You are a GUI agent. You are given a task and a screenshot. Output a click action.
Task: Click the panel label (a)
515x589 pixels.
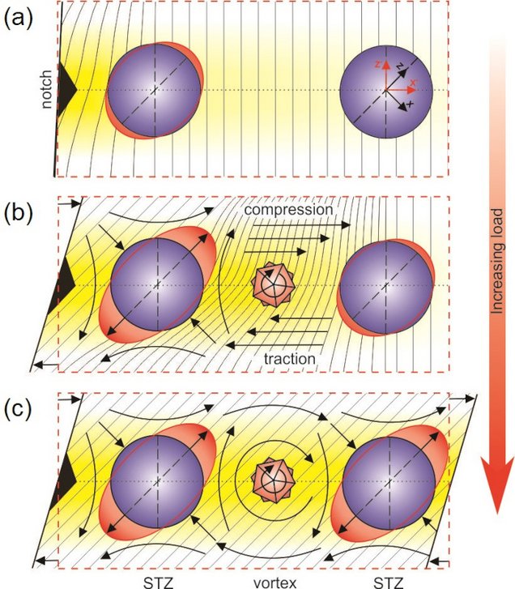[19, 18]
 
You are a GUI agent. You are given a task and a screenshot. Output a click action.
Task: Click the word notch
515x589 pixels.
[46, 90]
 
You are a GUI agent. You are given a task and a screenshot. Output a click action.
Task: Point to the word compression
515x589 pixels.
[288, 209]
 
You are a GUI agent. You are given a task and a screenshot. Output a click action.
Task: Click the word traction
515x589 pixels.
[289, 359]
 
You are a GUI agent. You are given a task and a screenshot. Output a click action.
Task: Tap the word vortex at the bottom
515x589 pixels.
[275, 583]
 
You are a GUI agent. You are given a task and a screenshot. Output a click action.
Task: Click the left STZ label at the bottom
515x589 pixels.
[158, 583]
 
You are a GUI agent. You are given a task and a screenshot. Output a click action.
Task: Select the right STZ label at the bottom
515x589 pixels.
[389, 583]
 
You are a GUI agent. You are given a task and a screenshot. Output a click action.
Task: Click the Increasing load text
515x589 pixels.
[496, 261]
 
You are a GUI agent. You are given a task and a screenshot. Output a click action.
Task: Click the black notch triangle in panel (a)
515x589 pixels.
[67, 89]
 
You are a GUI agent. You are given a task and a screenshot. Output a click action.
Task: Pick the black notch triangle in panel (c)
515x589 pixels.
[66, 481]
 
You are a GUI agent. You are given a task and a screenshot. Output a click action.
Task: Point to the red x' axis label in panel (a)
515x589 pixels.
[413, 83]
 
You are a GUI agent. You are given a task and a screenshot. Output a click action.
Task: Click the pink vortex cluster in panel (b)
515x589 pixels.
[273, 284]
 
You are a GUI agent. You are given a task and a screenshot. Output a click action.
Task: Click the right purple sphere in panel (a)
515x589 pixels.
[386, 91]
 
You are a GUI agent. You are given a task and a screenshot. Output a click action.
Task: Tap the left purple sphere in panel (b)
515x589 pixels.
[157, 284]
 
